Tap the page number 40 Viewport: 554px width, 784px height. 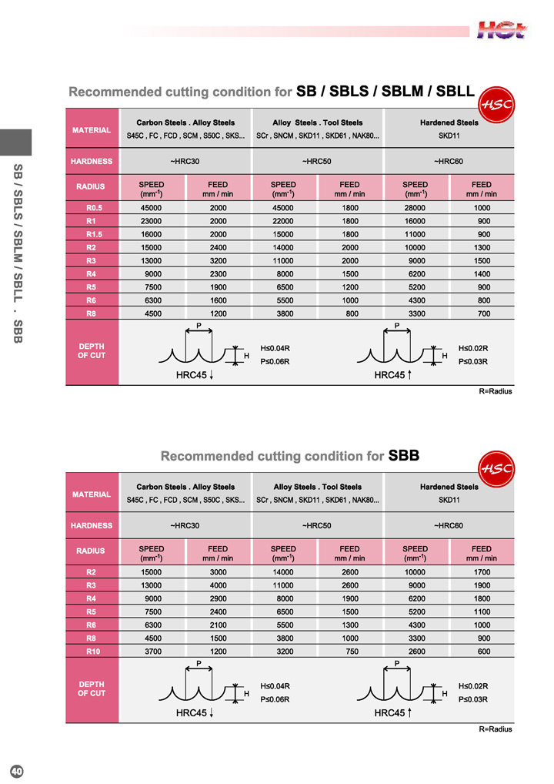pos(16,771)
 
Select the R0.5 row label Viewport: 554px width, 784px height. pos(92,208)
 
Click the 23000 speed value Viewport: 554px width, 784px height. pos(151,221)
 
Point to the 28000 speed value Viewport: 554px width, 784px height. pos(415,208)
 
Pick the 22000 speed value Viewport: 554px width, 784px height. pos(283,221)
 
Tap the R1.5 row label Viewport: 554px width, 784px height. pos(92,234)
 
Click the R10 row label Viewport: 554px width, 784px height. pos(92,651)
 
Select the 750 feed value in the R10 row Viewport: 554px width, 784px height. pos(350,651)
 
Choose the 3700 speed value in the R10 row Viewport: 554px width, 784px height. pos(151,651)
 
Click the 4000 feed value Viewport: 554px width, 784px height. pos(218,585)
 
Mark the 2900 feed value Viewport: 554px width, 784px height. pos(218,598)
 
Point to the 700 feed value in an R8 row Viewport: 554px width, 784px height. pos(482,313)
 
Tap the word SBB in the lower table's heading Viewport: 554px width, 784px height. pos(404,456)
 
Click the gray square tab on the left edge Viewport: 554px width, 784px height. pos(15,142)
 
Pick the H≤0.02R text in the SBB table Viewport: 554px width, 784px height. pos(473,686)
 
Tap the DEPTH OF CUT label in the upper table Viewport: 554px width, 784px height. pos(92,351)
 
